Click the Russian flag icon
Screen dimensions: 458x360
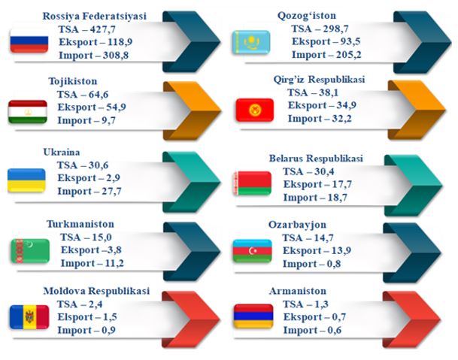point(29,41)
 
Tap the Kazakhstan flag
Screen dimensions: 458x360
point(251,42)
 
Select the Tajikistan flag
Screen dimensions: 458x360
point(28,112)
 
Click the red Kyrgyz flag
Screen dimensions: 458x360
point(255,110)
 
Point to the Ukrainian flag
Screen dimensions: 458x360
point(26,180)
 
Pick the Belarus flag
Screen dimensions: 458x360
point(253,183)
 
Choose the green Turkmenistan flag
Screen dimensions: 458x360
point(30,251)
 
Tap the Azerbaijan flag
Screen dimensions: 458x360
point(253,251)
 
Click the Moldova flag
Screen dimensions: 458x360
point(29,317)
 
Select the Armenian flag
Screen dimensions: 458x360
point(253,316)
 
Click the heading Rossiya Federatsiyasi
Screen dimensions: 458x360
point(95,16)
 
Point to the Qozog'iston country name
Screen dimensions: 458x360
point(307,16)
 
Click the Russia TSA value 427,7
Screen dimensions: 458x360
point(102,29)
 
